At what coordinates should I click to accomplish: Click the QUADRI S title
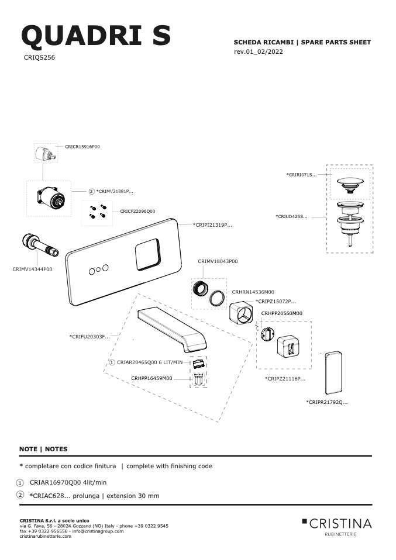[x=96, y=36]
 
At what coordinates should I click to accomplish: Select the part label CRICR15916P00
[x=82, y=147]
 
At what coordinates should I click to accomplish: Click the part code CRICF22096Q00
[x=137, y=212]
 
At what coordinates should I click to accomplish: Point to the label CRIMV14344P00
[x=32, y=269]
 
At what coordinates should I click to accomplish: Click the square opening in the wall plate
[x=147, y=254]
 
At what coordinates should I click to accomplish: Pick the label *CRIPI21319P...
[x=212, y=225]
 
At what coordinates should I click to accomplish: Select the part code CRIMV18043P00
[x=218, y=261]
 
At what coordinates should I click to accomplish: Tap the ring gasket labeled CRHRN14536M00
[x=217, y=298]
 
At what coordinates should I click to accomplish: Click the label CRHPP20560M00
[x=281, y=313]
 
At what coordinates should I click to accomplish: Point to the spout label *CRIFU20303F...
[x=89, y=337]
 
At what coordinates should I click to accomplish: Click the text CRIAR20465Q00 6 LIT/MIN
[x=150, y=362]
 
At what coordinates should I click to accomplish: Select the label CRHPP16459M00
[x=151, y=379]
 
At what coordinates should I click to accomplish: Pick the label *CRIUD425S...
[x=292, y=217]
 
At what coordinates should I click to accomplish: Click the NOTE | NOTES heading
[x=43, y=450]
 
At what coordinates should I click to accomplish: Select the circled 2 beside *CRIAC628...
[x=20, y=495]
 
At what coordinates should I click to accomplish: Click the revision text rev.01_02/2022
[x=259, y=52]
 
